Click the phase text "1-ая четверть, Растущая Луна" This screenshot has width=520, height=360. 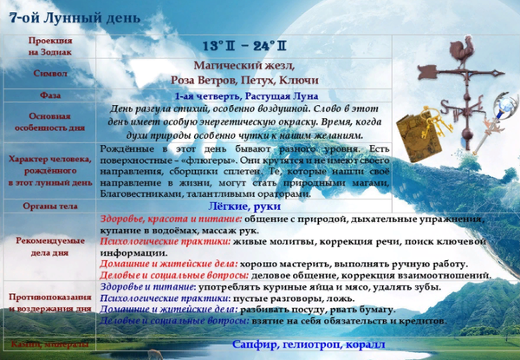pyautogui.click(x=246, y=95)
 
